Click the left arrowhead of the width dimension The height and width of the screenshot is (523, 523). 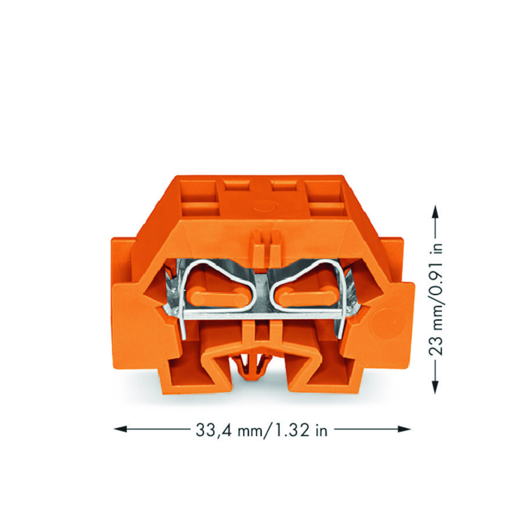point(120,429)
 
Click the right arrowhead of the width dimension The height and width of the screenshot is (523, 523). point(404,429)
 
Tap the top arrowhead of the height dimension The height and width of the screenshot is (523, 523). point(435,212)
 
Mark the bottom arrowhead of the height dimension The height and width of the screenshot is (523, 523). point(435,387)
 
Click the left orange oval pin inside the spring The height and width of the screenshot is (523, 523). point(217,298)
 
